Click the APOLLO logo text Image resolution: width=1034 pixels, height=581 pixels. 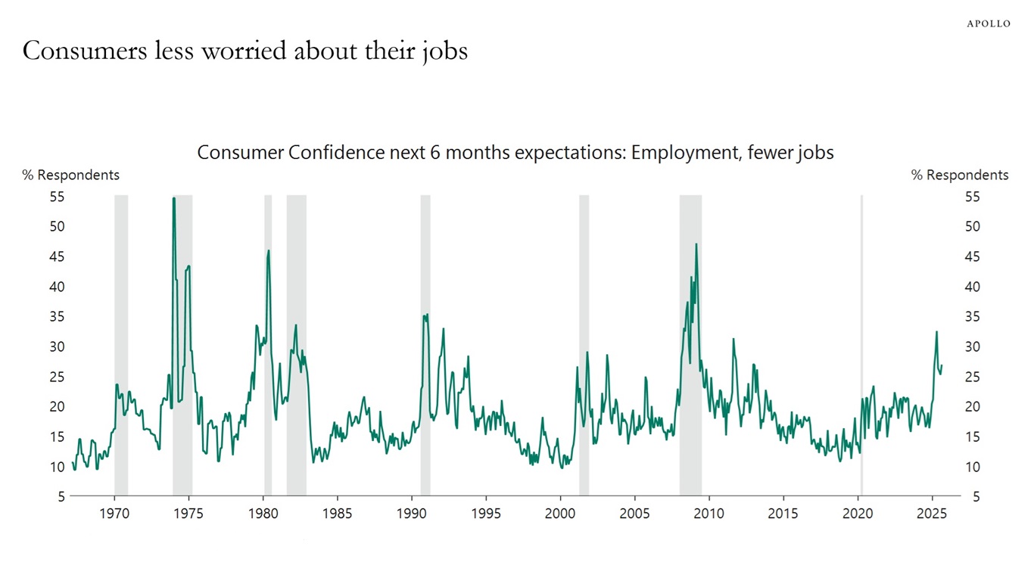coord(988,23)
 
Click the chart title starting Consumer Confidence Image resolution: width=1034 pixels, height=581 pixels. coord(515,152)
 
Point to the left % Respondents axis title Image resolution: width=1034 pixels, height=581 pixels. coord(70,175)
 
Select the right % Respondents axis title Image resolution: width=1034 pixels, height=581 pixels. coord(959,175)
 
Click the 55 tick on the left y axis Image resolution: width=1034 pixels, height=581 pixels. coord(57,197)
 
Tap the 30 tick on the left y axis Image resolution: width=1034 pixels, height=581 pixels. coord(57,346)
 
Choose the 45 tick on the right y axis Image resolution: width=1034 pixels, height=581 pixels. coord(972,256)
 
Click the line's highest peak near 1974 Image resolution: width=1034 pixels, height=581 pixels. coord(174,198)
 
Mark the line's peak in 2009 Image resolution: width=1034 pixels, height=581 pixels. coord(696,244)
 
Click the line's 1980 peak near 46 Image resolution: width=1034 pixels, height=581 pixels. coord(268,250)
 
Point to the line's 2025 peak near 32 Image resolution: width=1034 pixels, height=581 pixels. coord(936,332)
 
